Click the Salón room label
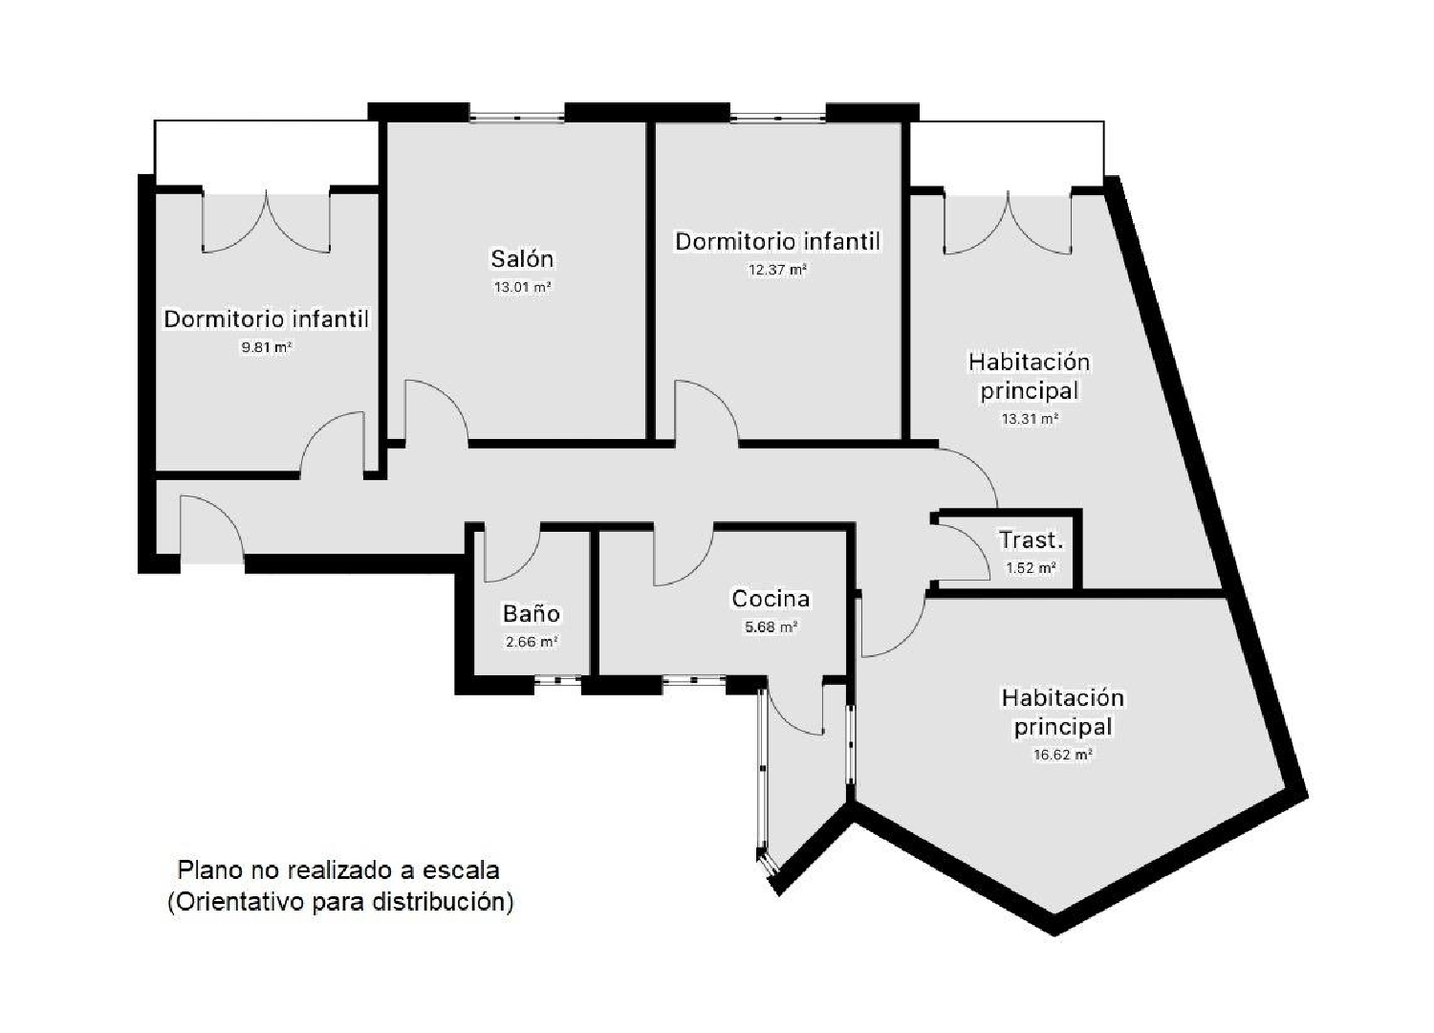click(x=522, y=259)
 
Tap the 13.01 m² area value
click(x=522, y=287)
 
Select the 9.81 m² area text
click(x=267, y=348)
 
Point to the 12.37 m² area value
click(x=777, y=270)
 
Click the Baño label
click(x=532, y=613)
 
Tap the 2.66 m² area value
click(x=532, y=641)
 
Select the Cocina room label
click(x=771, y=599)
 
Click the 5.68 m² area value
click(x=771, y=626)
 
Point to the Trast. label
click(x=1031, y=539)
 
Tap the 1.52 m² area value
click(x=1031, y=567)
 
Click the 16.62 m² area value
click(x=1063, y=755)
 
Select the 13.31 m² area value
click(x=1030, y=419)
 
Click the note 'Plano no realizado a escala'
click(x=338, y=869)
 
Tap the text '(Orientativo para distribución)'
click(x=340, y=901)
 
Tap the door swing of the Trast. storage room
click(x=960, y=552)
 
